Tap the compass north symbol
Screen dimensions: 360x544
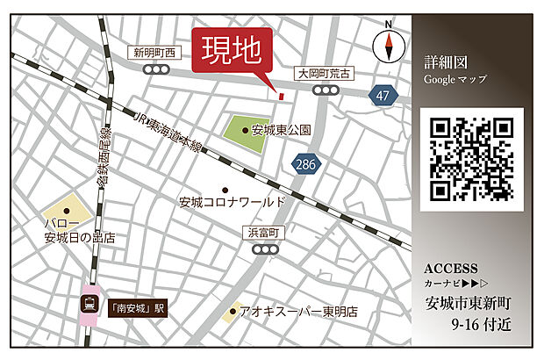[x=387, y=45]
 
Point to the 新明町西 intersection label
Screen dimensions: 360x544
[x=155, y=53]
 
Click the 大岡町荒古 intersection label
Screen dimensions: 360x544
[x=324, y=74]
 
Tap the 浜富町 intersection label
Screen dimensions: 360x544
[x=262, y=233]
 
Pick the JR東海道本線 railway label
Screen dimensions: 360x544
[x=170, y=131]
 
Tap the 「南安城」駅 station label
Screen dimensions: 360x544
[x=136, y=309]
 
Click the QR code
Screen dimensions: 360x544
[x=471, y=158]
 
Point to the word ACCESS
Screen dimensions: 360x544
[x=451, y=269]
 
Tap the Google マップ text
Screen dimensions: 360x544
[x=455, y=80]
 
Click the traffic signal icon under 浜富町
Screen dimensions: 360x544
[x=262, y=249]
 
